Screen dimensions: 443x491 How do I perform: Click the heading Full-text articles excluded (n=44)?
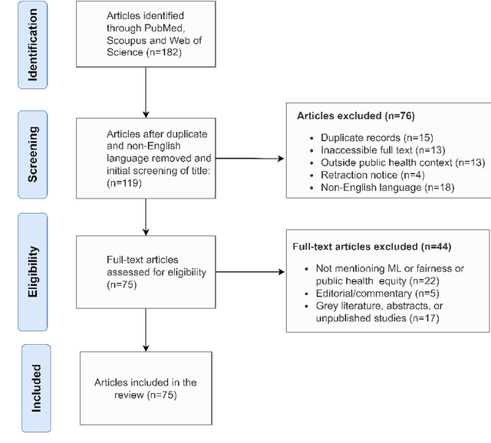tap(371, 247)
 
